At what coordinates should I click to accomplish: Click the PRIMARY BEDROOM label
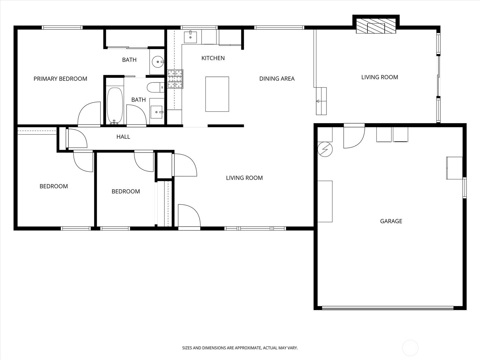pyautogui.click(x=60, y=79)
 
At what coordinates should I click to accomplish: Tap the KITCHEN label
pyautogui.click(x=213, y=58)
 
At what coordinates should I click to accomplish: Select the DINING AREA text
pyautogui.click(x=277, y=79)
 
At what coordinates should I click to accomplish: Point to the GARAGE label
pyautogui.click(x=391, y=221)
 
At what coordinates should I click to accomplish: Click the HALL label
pyautogui.click(x=123, y=137)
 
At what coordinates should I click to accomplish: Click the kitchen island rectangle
pyautogui.click(x=217, y=94)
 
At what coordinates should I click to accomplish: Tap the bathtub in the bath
pyautogui.click(x=115, y=106)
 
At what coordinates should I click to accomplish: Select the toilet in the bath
pyautogui.click(x=155, y=87)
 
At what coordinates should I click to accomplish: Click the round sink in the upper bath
pyautogui.click(x=158, y=62)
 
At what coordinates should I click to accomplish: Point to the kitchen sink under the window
pyautogui.click(x=190, y=37)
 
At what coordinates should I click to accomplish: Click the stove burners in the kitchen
pyautogui.click(x=175, y=79)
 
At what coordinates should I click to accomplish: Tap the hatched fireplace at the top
pyautogui.click(x=376, y=26)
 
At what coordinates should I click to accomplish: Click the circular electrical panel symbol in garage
pyautogui.click(x=325, y=149)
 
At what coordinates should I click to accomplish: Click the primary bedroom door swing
pyautogui.click(x=89, y=114)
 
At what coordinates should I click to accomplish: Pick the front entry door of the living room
pyautogui.click(x=189, y=216)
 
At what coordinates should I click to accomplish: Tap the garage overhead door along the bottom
pyautogui.click(x=388, y=308)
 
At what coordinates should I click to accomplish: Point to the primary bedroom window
pyautogui.click(x=62, y=28)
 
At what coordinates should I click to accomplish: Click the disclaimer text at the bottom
pyautogui.click(x=240, y=348)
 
